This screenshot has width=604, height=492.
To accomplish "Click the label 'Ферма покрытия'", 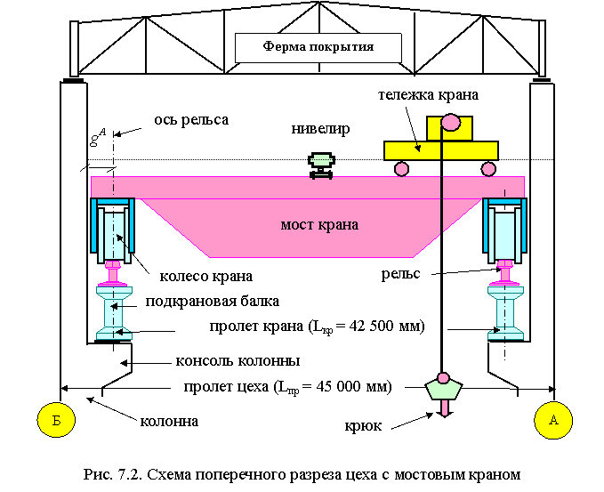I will [318, 47].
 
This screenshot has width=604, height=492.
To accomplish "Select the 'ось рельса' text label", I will [191, 119].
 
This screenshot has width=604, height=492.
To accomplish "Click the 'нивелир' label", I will [320, 129].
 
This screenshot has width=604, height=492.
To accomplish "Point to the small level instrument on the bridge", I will [320, 165].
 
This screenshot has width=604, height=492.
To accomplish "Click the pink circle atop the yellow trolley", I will [450, 122].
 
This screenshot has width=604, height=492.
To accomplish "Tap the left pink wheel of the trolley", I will [401, 168].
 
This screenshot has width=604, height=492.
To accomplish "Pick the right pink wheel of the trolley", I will [487, 168].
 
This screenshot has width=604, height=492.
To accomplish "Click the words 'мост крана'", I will [318, 225].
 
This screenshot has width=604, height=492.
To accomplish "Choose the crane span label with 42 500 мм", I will [318, 327].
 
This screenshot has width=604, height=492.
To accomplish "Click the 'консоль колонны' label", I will [238, 360].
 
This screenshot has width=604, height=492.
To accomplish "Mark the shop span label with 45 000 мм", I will [287, 387].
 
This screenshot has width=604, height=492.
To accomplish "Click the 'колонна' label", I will [169, 421].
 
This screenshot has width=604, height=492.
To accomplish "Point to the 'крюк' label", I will [363, 426].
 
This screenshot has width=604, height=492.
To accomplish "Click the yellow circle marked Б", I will [55, 420].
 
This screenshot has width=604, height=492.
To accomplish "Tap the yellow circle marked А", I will [553, 420].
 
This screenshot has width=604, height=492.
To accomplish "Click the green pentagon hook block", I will [444, 389].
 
